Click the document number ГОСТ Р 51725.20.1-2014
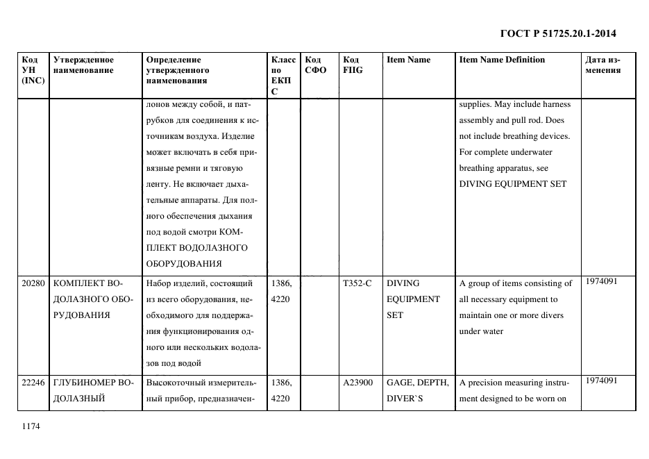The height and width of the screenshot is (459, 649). point(558,33)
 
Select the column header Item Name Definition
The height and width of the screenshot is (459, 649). point(502,60)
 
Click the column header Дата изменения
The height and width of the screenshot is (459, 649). point(602,65)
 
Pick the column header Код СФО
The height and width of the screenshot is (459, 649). point(315,65)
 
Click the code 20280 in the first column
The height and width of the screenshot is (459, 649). point(33,283)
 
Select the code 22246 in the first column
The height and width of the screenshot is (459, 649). point(33,382)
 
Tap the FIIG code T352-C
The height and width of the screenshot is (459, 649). point(357,283)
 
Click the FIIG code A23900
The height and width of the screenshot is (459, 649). point(358,382)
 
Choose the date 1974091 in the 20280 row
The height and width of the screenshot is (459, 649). point(601,281)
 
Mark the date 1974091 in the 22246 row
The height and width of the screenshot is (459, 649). point(601,380)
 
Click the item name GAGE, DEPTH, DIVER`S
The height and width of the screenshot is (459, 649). point(417,390)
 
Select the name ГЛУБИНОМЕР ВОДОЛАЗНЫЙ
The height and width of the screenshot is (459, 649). point(92,390)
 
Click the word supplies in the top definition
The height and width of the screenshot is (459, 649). point(475,105)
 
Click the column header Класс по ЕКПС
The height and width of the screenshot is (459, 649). point(283,75)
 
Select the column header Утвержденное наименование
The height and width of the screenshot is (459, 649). point(83,65)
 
